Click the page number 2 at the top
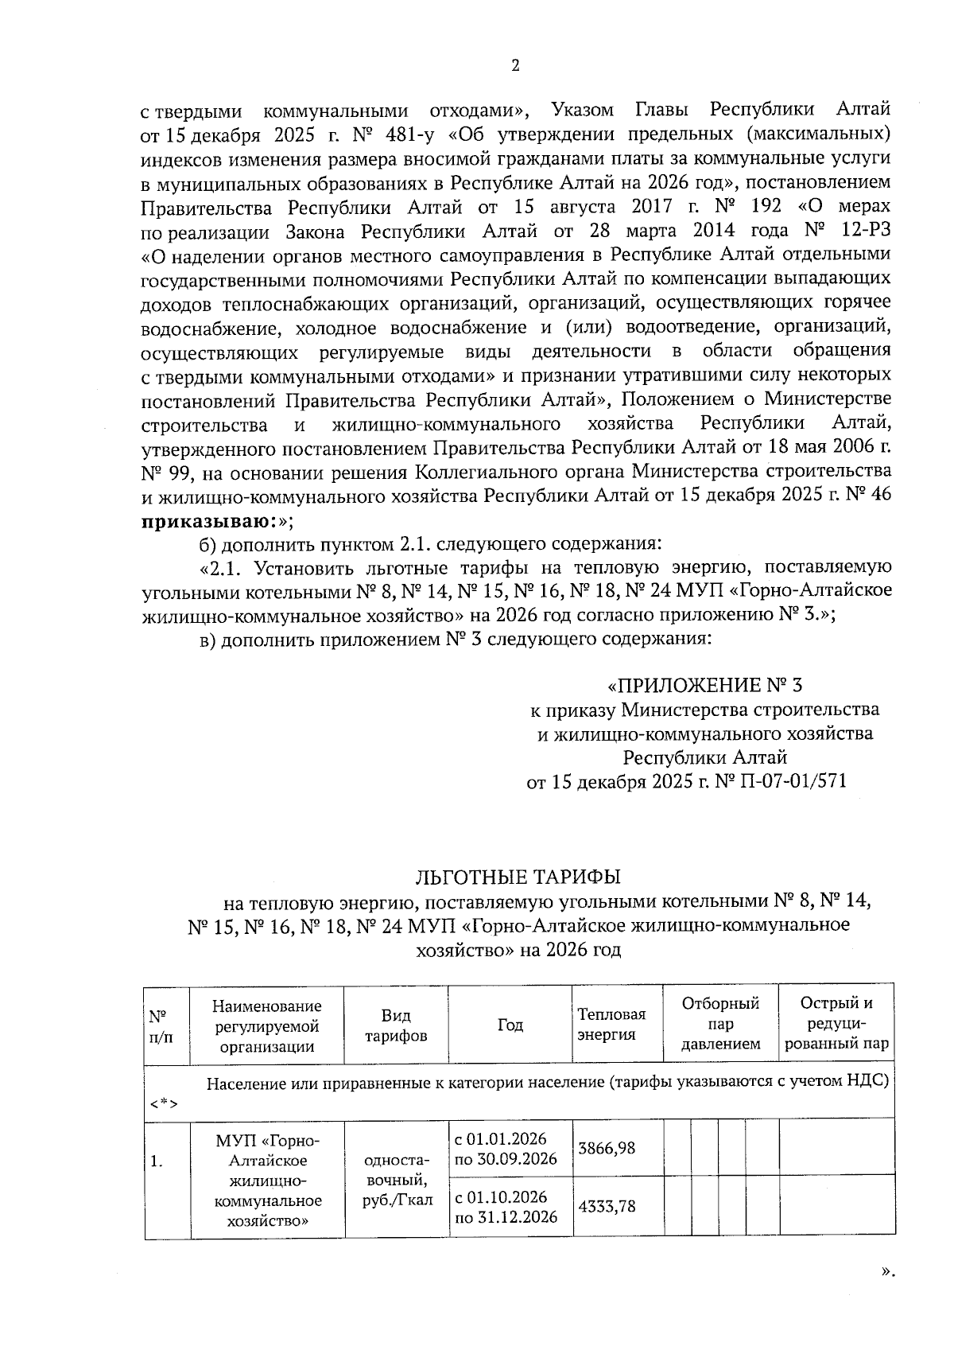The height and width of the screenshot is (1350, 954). [x=514, y=66]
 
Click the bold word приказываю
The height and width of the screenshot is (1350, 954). [x=208, y=520]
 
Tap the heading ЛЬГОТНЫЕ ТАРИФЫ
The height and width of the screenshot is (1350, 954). [x=518, y=877]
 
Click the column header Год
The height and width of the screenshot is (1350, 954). [x=510, y=1025]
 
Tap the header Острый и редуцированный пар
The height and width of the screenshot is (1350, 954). [x=836, y=1025]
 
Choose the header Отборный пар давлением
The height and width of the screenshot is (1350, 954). [x=720, y=1025]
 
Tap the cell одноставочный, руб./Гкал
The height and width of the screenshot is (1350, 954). [x=396, y=1183]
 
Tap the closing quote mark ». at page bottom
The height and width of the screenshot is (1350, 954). [x=888, y=1271]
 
